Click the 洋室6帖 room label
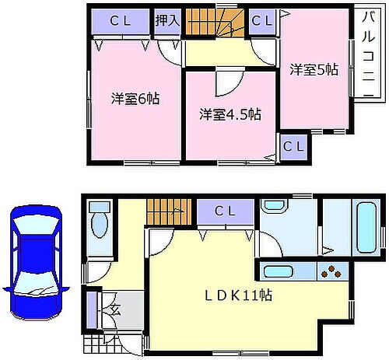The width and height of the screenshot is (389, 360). [135, 100]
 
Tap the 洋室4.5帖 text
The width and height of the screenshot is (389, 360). [229, 114]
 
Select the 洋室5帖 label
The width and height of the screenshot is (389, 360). [314, 69]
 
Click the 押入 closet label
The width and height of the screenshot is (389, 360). [168, 21]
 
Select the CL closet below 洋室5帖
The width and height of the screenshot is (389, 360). [293, 146]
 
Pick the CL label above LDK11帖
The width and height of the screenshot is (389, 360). [225, 211]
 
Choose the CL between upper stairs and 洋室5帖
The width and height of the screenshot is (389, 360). [261, 21]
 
